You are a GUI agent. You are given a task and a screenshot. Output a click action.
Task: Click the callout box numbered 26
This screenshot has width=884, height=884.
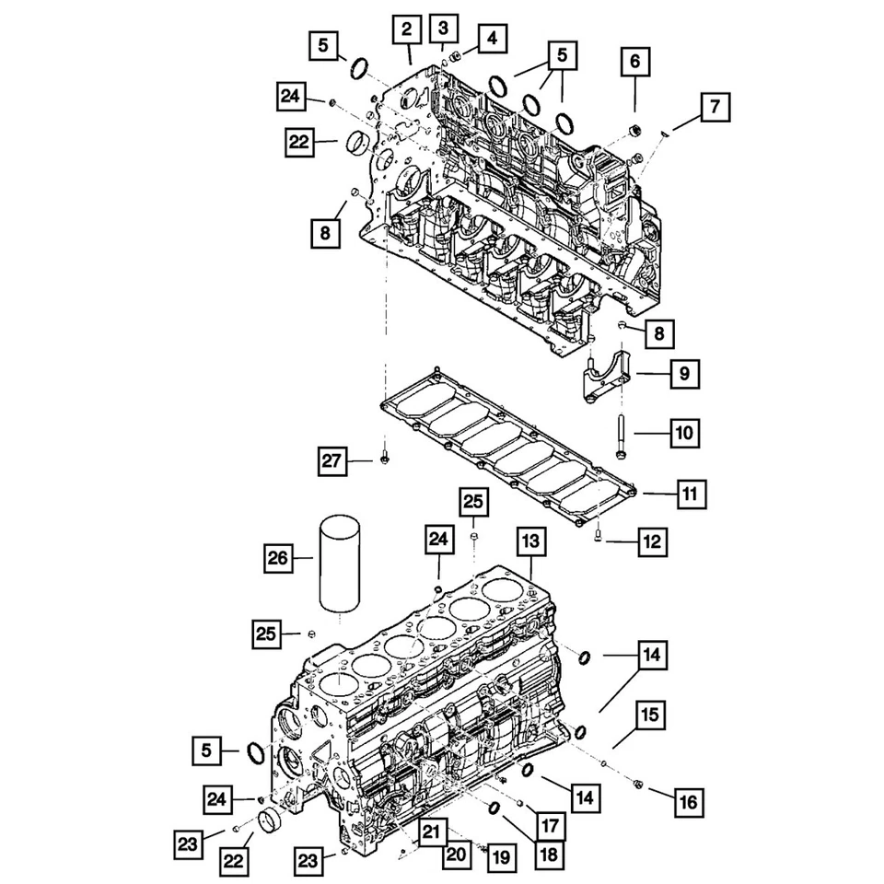[x=278, y=556]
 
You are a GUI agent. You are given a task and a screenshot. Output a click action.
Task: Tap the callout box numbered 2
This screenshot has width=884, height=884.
[x=406, y=30]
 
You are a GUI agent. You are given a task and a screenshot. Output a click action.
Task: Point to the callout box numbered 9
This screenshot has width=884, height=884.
[x=684, y=374]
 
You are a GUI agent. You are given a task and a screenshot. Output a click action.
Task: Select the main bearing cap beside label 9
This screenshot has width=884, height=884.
[x=602, y=375]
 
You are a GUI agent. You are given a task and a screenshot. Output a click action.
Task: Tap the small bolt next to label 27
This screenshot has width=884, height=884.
[x=384, y=458]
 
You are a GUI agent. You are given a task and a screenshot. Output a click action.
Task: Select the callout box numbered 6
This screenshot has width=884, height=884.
[x=634, y=63]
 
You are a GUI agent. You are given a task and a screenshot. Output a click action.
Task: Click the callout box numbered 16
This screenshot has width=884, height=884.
[x=687, y=802]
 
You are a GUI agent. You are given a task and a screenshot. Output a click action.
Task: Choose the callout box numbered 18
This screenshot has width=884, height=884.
[x=550, y=854]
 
